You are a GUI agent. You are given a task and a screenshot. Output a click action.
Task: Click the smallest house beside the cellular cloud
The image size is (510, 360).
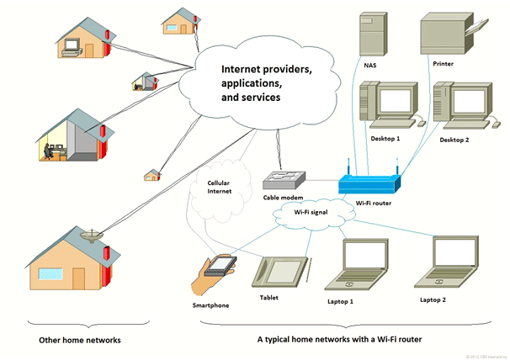152,175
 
